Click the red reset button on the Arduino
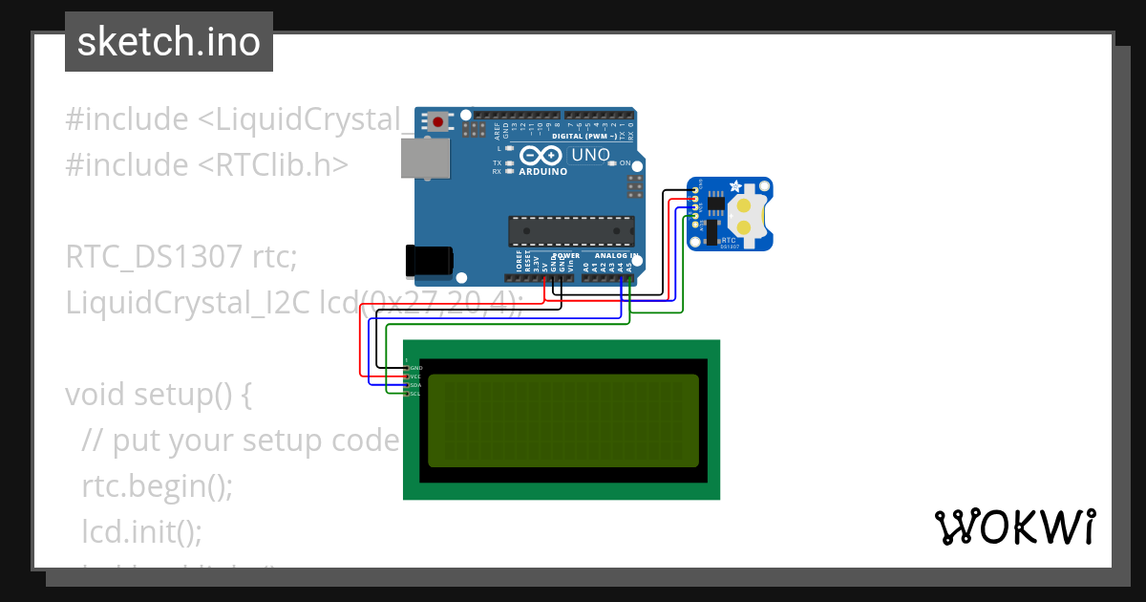pyautogui.click(x=438, y=121)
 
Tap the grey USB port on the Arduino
pyautogui.click(x=426, y=159)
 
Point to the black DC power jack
pyautogui.click(x=429, y=261)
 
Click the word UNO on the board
pyautogui.click(x=589, y=155)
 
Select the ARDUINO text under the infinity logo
pyautogui.click(x=541, y=172)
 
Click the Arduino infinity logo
pyautogui.click(x=541, y=156)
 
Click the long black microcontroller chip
pyautogui.click(x=571, y=231)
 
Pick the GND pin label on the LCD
pyautogui.click(x=415, y=368)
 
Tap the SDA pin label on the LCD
pyautogui.click(x=415, y=385)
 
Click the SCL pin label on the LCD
pyautogui.click(x=415, y=394)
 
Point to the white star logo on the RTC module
pyautogui.click(x=734, y=185)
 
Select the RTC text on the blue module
pyautogui.click(x=729, y=240)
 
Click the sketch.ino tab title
pyautogui.click(x=168, y=42)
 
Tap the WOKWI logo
pyautogui.click(x=1014, y=527)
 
